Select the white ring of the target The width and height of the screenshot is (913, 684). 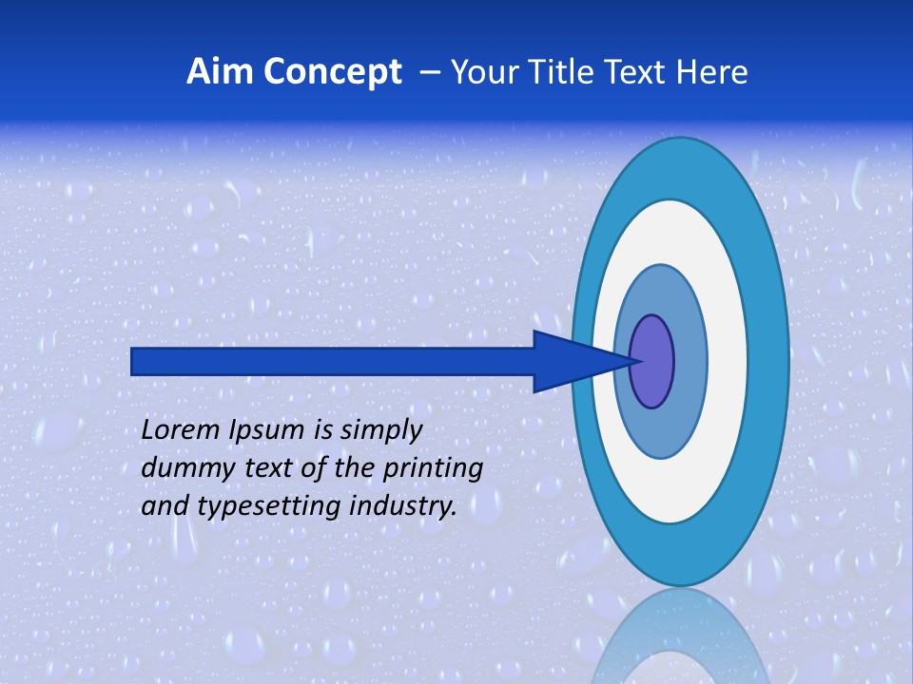(x=728, y=361)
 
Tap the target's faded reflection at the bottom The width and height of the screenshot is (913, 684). (x=681, y=641)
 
